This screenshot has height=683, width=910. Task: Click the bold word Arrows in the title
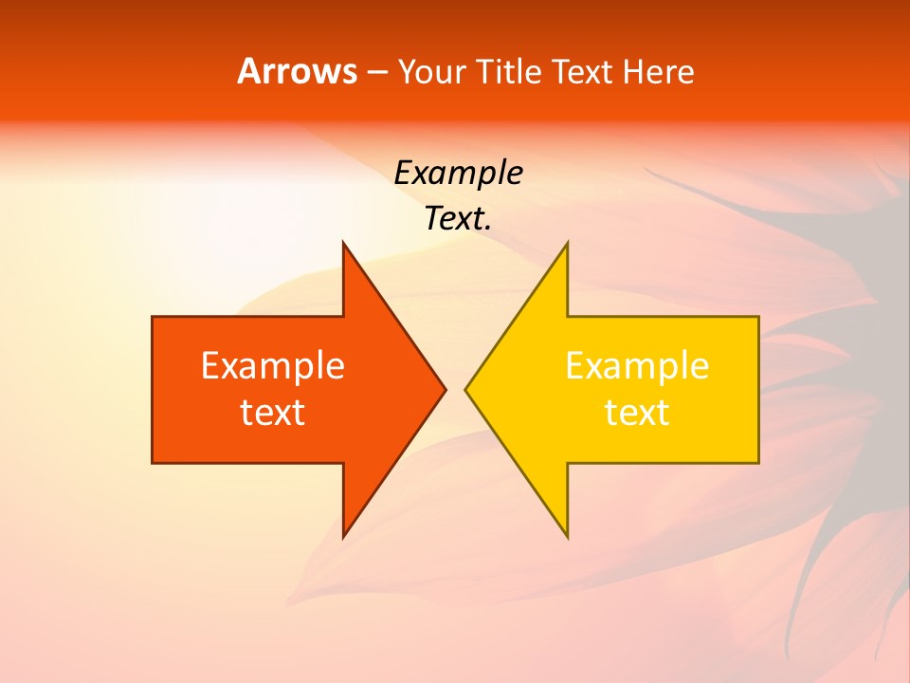tap(298, 71)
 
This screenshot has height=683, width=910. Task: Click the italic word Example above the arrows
tap(458, 173)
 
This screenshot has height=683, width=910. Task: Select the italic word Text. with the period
tap(458, 219)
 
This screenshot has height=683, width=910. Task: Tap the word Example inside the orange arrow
tap(273, 365)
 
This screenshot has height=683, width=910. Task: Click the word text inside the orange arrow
tap(273, 413)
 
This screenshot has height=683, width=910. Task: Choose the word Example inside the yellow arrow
tap(637, 365)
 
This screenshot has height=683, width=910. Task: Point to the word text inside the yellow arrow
tap(637, 413)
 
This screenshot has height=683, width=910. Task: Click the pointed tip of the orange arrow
tap(444, 389)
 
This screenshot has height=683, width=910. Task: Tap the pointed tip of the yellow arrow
tap(466, 389)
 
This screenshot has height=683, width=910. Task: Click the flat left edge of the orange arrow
tap(153, 389)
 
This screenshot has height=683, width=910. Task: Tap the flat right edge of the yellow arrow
tap(758, 389)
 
